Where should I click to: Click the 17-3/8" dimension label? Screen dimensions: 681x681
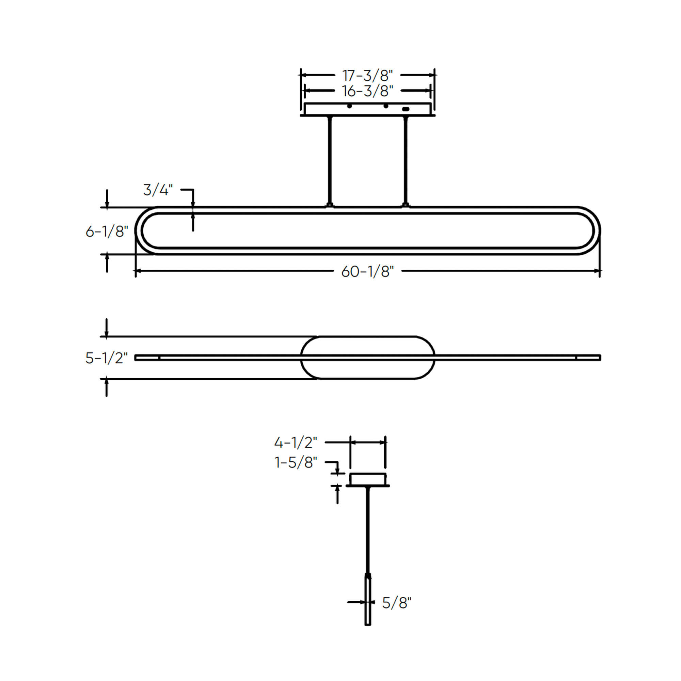(x=368, y=76)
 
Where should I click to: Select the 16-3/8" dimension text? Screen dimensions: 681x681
(x=368, y=91)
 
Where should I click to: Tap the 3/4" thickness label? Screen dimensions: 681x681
(x=158, y=190)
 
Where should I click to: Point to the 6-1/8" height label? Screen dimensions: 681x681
(x=107, y=232)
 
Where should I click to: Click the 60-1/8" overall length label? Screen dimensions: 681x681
(x=368, y=271)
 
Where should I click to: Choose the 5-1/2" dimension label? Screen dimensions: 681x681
(x=107, y=358)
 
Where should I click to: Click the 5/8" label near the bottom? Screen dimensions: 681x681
(x=397, y=603)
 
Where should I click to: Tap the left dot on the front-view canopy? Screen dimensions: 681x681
(x=349, y=106)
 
